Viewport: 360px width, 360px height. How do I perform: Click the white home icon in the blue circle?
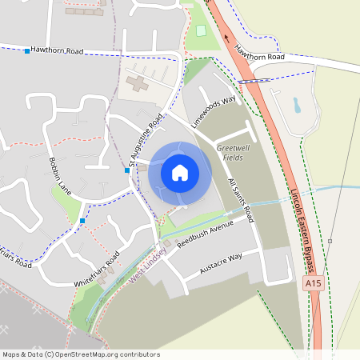tap(180, 172)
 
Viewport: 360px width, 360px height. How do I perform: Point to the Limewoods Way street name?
tap(214, 112)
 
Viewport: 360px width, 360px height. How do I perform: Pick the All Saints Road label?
tap(240, 201)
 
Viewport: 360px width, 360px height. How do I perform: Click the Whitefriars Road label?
tap(97, 269)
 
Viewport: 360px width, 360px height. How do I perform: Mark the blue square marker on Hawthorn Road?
tap(27, 51)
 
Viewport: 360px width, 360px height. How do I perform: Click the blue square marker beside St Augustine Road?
tap(127, 170)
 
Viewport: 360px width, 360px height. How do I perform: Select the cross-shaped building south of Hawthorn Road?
tap(138, 82)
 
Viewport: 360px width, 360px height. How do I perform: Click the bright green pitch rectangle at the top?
tap(202, 30)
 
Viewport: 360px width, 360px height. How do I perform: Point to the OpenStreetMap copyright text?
tap(81, 354)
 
